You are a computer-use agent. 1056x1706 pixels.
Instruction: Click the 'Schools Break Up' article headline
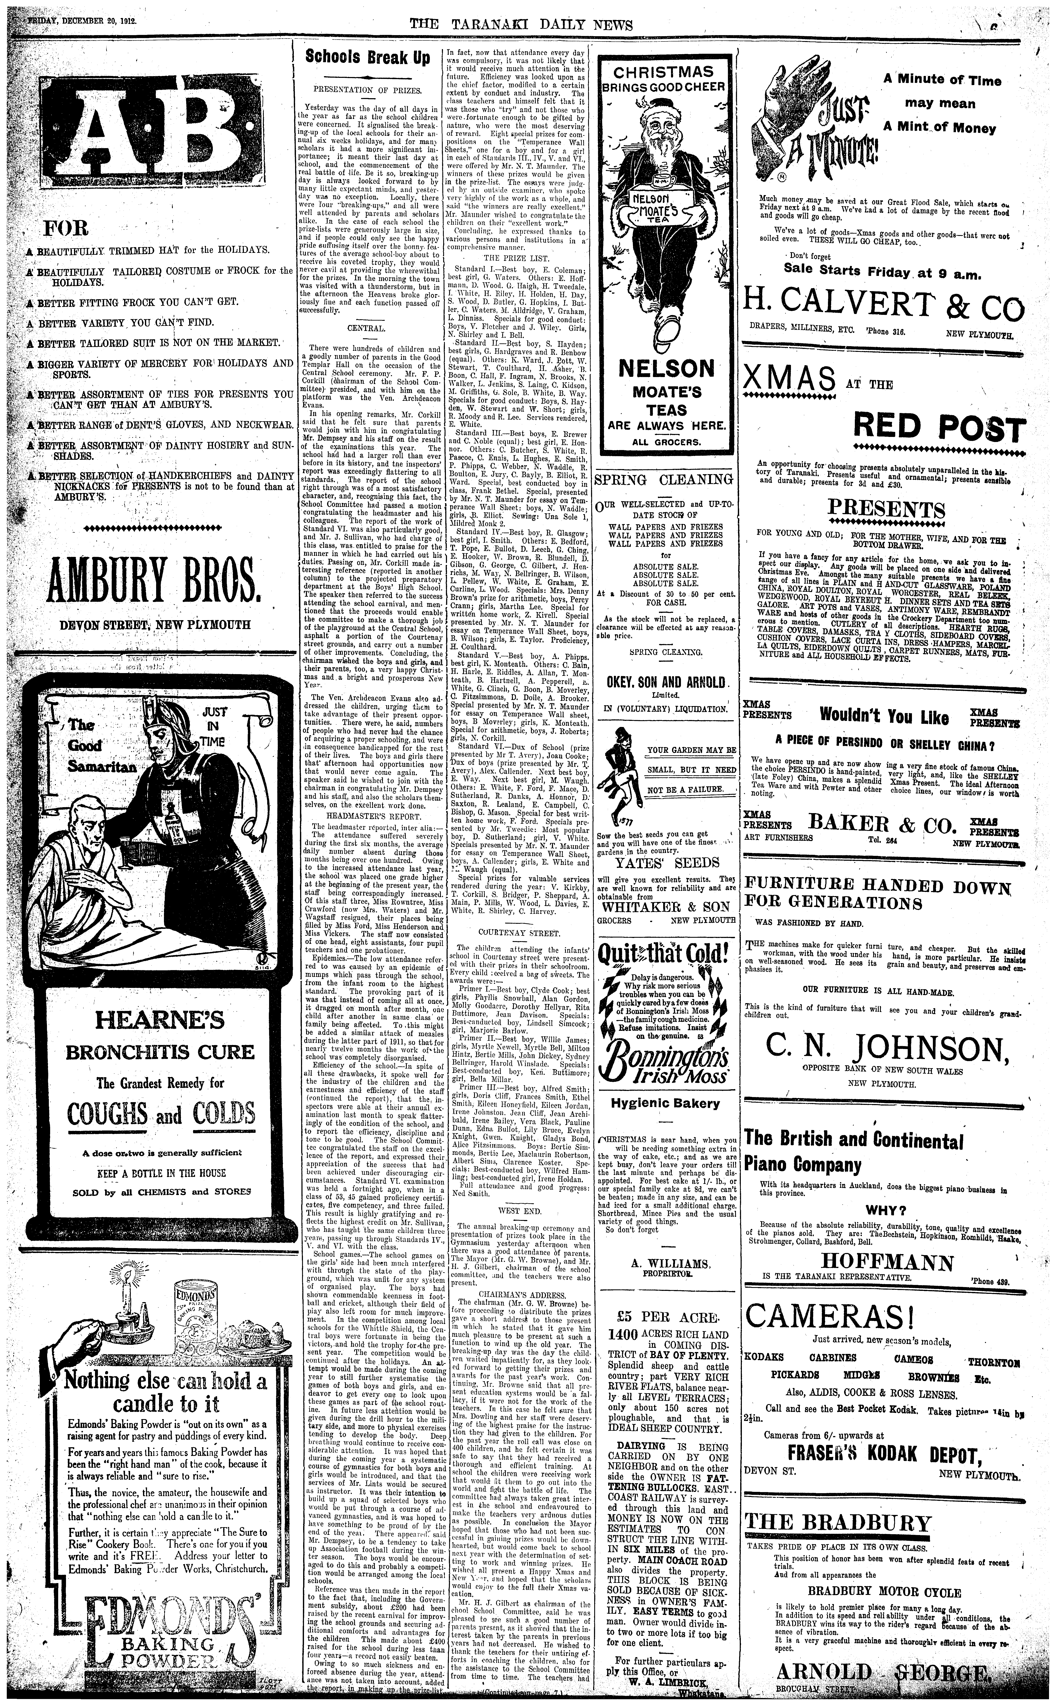coord(368,58)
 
